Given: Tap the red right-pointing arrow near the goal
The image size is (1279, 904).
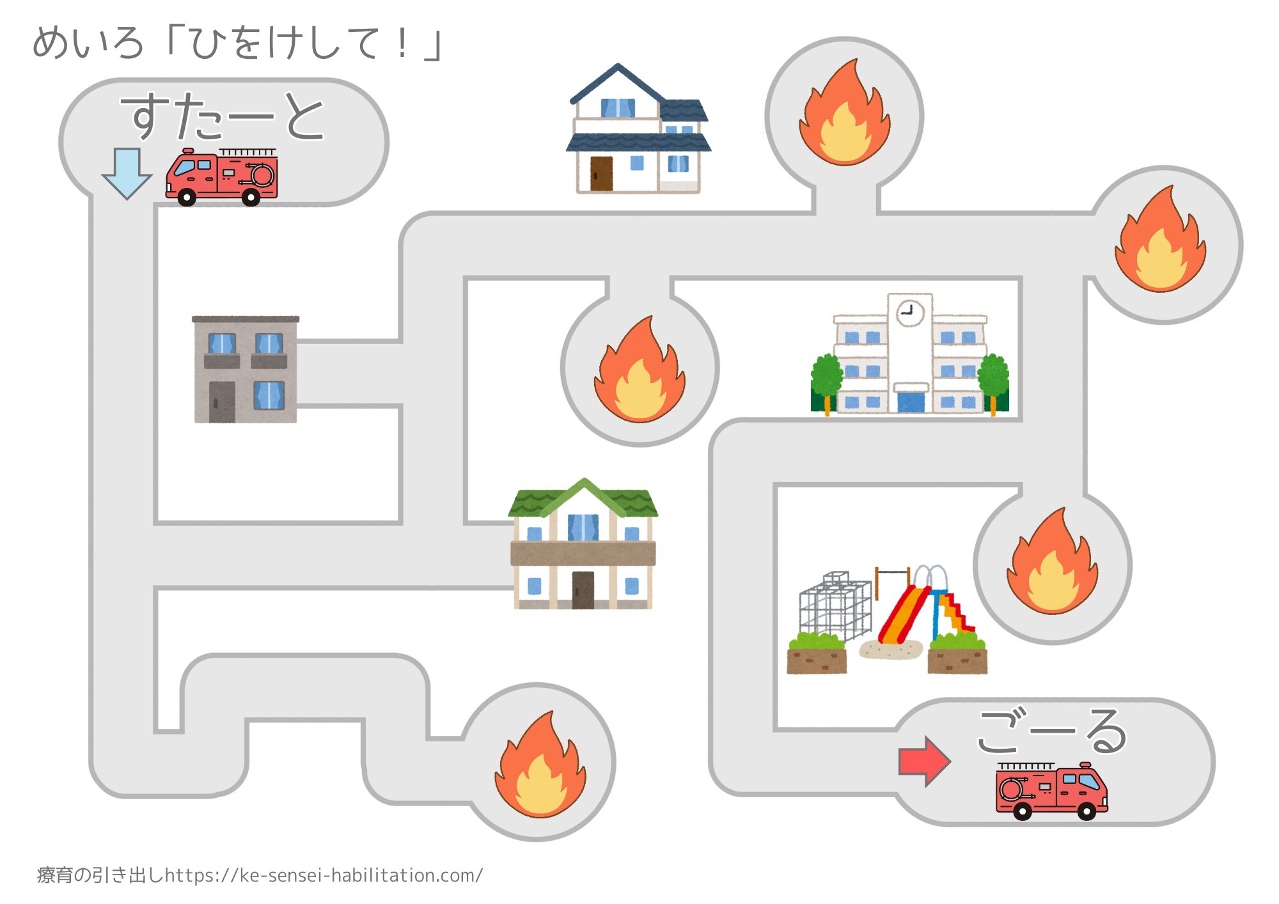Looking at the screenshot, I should coord(925,761).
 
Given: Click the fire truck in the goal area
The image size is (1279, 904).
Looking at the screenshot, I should coord(1051,791).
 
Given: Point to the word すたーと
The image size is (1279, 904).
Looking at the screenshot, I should coord(223,116).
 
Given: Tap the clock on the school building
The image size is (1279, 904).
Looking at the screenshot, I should coord(909,313).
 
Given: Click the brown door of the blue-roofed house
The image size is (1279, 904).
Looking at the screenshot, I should coord(601,173).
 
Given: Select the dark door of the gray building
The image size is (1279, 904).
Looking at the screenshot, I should coord(222,401).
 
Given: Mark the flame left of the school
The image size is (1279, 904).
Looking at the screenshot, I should coord(639,371).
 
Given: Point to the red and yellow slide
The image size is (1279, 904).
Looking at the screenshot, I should coord(902,614).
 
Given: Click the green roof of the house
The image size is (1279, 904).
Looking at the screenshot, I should coord(583,499).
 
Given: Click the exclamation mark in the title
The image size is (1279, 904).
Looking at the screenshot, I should coord(402,43).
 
